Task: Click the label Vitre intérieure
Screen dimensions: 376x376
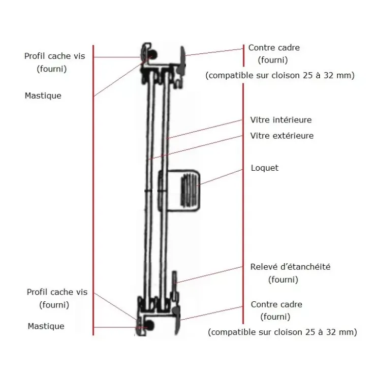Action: (281, 119)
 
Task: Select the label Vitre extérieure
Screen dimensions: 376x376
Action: (282, 136)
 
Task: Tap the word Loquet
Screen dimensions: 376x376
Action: (265, 168)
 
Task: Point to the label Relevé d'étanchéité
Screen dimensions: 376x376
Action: (290, 267)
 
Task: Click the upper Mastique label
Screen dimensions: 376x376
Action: (43, 96)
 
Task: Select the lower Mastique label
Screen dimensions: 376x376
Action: (46, 326)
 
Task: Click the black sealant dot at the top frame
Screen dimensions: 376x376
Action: (153, 55)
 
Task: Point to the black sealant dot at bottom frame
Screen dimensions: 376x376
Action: (150, 326)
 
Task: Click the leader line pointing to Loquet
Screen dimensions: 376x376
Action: (221, 177)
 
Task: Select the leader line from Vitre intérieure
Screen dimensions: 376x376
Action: (204, 129)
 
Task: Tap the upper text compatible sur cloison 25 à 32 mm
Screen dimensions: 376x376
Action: (280, 75)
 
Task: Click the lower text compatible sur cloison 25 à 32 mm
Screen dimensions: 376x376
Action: (282, 332)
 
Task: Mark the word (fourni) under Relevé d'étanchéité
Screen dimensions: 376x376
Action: (283, 279)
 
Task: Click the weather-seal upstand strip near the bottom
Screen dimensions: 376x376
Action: (175, 286)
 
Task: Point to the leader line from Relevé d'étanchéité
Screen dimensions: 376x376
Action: (209, 274)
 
